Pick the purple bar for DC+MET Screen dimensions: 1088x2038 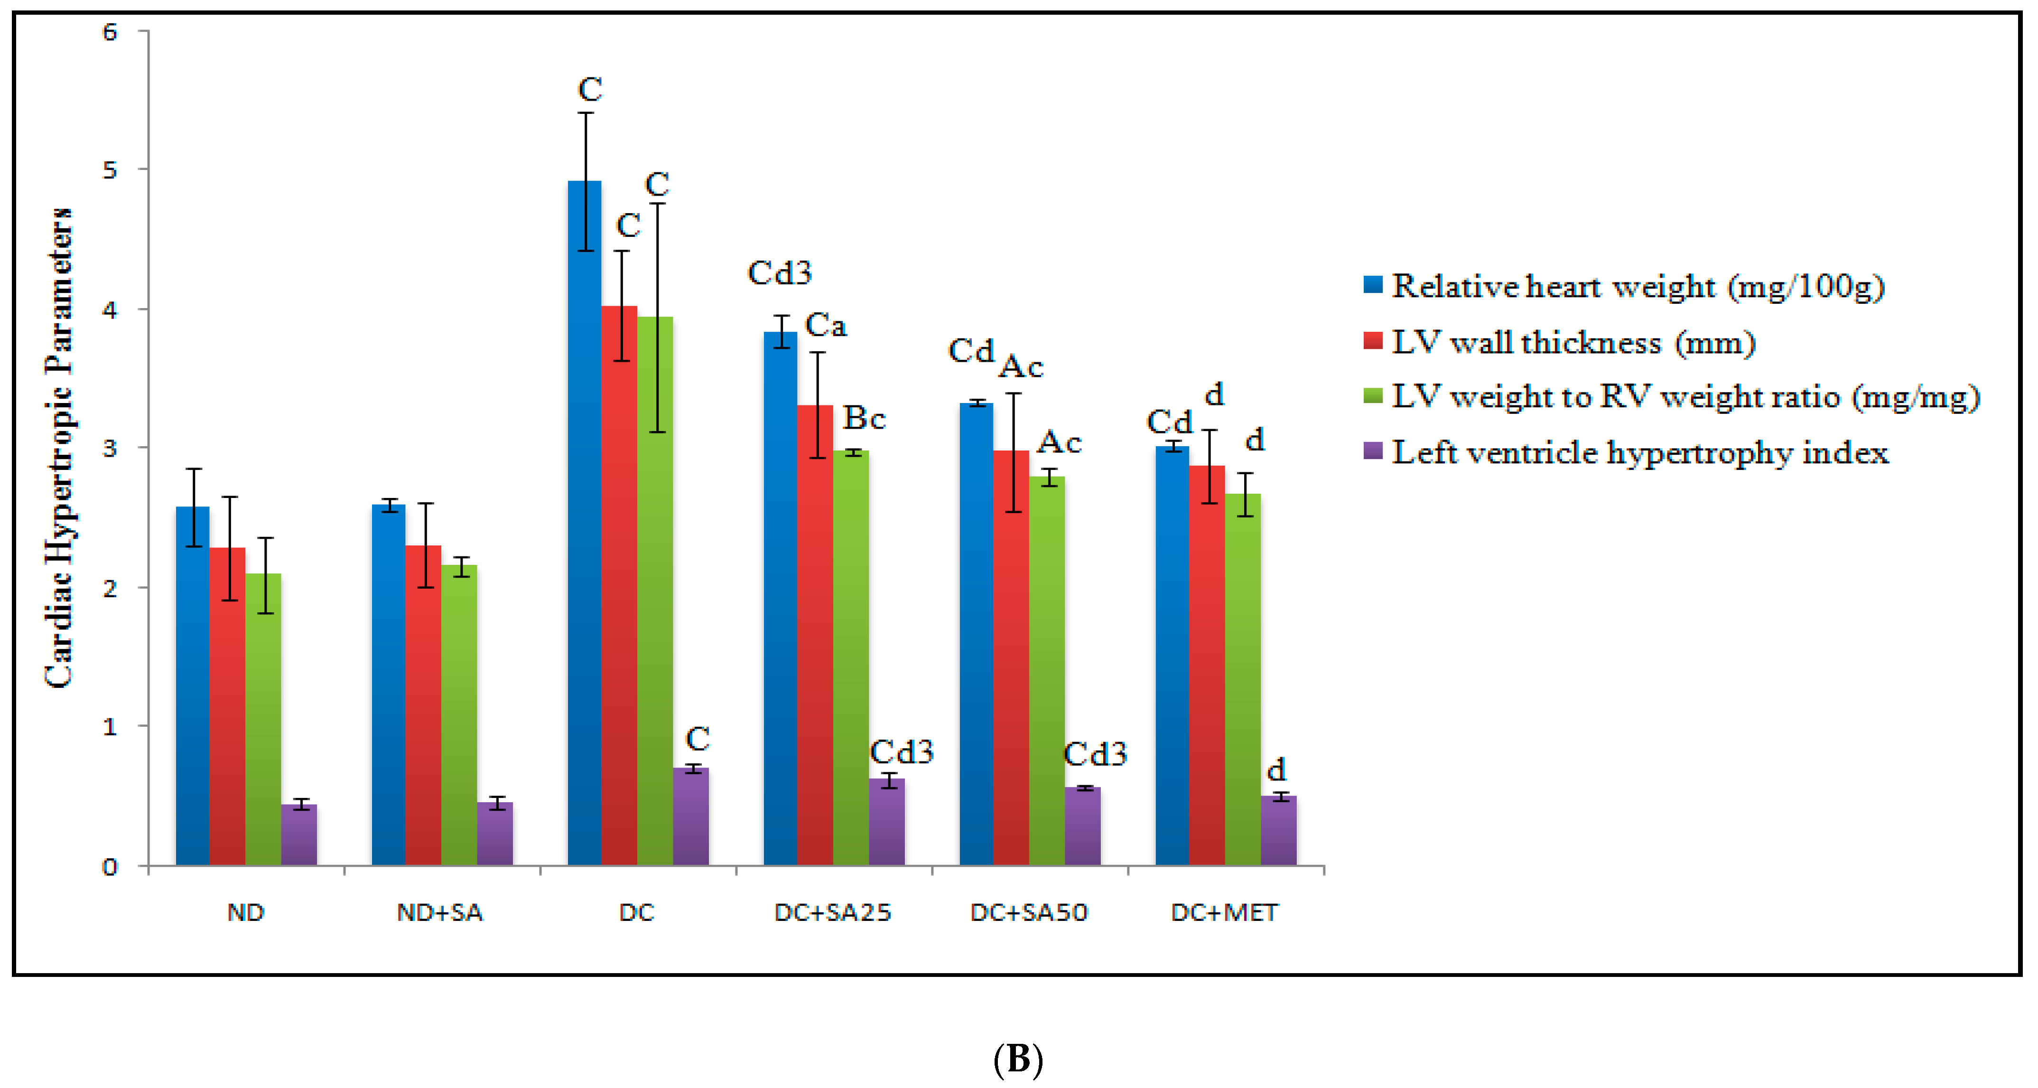tap(1278, 830)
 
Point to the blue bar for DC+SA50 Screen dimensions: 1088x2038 tap(976, 633)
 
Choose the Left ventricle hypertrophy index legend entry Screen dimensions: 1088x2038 tap(1639, 452)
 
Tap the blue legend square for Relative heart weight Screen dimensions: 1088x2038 tap(1373, 285)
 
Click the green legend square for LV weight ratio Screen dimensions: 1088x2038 tap(1373, 395)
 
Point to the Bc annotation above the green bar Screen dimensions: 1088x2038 tap(864, 418)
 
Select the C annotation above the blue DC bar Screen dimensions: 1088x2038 tap(589, 89)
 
